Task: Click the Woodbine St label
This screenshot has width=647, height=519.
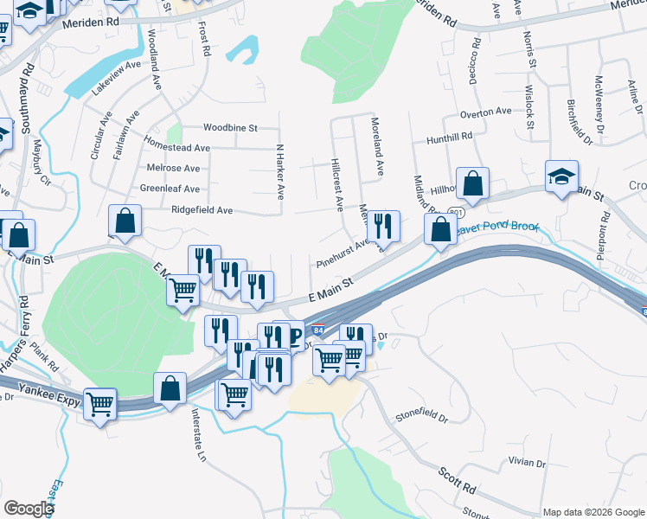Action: pyautogui.click(x=231, y=128)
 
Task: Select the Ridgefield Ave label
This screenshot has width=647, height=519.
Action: pyautogui.click(x=202, y=210)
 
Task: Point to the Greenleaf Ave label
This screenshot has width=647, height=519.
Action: pyautogui.click(x=170, y=189)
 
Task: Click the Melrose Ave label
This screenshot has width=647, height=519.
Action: pyautogui.click(x=174, y=169)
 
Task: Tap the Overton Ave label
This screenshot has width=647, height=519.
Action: pyautogui.click(x=485, y=112)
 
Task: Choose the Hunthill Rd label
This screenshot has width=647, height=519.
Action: pyautogui.click(x=450, y=137)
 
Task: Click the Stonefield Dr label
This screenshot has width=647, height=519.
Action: pyautogui.click(x=422, y=417)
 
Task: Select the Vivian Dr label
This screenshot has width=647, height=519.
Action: pyautogui.click(x=528, y=463)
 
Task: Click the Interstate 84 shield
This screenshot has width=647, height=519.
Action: pyautogui.click(x=318, y=330)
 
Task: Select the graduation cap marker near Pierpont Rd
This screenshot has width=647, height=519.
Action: pyautogui.click(x=561, y=177)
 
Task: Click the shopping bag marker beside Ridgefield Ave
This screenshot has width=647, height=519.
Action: pyautogui.click(x=125, y=221)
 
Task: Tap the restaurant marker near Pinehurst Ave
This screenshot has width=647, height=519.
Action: pyautogui.click(x=383, y=227)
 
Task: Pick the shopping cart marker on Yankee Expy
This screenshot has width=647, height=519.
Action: pyautogui.click(x=99, y=402)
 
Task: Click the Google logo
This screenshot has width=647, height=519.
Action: pyautogui.click(x=28, y=509)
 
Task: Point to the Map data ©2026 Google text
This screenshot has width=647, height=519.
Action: pyautogui.click(x=592, y=512)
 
